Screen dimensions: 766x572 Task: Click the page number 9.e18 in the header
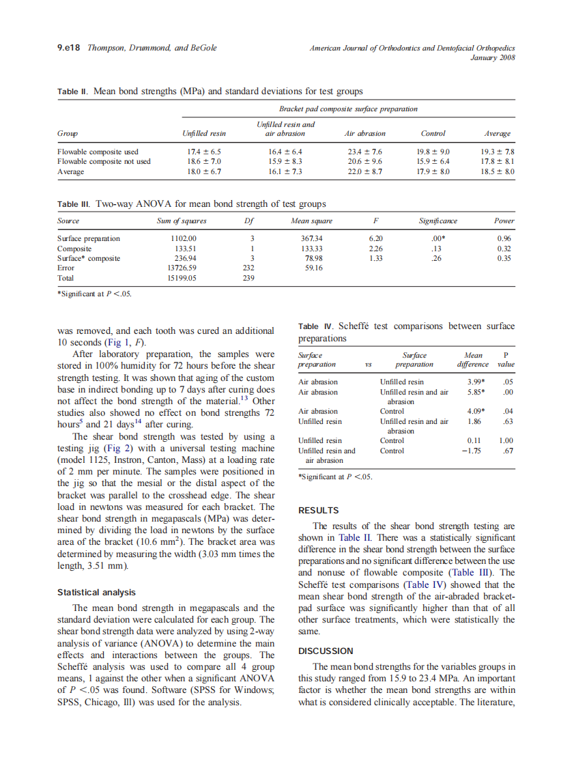[68, 48]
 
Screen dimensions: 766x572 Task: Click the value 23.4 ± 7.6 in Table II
[364, 152]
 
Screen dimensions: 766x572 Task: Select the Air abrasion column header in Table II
[365, 134]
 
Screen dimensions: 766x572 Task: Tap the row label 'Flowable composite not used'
[103, 162]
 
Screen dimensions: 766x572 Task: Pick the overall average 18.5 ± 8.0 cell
[498, 172]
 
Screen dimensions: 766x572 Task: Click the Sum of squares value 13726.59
[182, 268]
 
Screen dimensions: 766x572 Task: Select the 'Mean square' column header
[311, 221]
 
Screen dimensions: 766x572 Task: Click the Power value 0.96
[504, 238]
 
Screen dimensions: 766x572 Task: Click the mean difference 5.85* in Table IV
[475, 393]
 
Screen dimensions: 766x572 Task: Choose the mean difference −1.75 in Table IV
[474, 451]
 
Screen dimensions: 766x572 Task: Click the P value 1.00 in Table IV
[506, 441]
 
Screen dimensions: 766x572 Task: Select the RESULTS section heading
[319, 510]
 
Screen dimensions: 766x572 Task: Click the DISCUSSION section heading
[326, 651]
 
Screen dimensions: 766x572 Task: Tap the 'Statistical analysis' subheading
[96, 593]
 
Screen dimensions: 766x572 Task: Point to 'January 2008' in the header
[493, 58]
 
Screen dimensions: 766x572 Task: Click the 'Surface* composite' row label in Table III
[89, 259]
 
